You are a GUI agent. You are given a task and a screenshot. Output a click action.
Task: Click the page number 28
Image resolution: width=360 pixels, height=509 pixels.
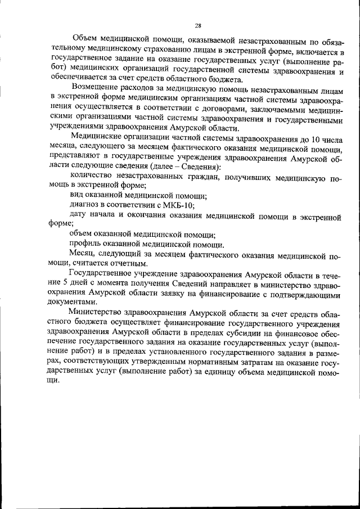point(198,25)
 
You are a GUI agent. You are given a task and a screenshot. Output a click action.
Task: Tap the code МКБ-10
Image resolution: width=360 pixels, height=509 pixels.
point(178,205)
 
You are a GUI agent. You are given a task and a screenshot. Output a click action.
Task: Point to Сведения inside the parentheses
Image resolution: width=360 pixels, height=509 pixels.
point(197,168)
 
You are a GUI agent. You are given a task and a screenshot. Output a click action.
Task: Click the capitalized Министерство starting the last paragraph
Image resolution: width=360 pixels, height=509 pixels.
point(98,313)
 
